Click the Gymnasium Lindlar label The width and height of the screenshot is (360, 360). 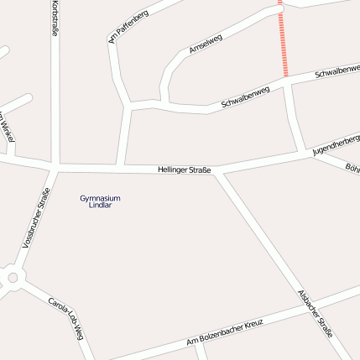[100, 201]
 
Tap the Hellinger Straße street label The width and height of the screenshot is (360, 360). [184, 170]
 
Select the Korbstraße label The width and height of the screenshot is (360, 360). [55, 18]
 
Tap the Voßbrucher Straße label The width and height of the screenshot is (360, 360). [36, 217]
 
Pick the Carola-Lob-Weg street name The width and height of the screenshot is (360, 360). [65, 317]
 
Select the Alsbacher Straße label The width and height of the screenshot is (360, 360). [316, 314]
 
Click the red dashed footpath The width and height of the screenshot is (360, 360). [284, 42]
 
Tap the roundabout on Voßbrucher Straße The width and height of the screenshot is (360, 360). [12, 278]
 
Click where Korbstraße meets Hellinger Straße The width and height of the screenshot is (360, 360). [55, 165]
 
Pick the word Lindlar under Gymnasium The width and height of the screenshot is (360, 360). [100, 205]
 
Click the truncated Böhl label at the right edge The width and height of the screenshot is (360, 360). [352, 168]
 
